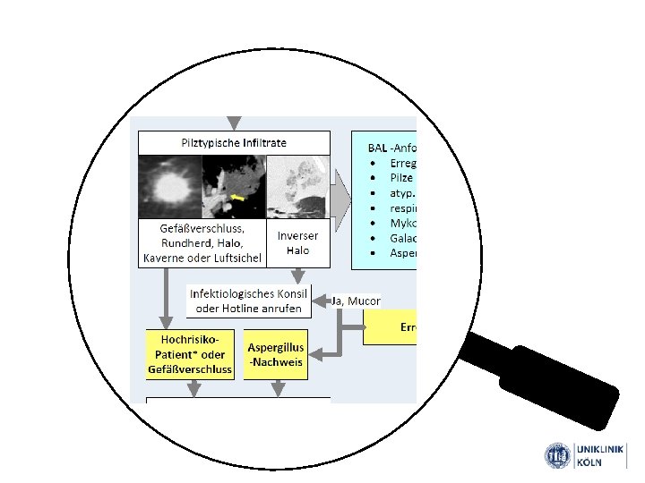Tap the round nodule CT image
tap(169, 185)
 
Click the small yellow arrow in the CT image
tap(237, 196)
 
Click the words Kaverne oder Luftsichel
tap(202, 258)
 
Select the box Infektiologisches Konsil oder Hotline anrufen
tap(248, 301)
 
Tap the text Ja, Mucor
tap(357, 301)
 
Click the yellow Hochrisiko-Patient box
tap(190, 354)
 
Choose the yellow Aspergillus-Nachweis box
tap(276, 354)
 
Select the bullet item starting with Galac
tap(402, 237)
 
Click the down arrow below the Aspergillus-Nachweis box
tap(277, 389)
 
